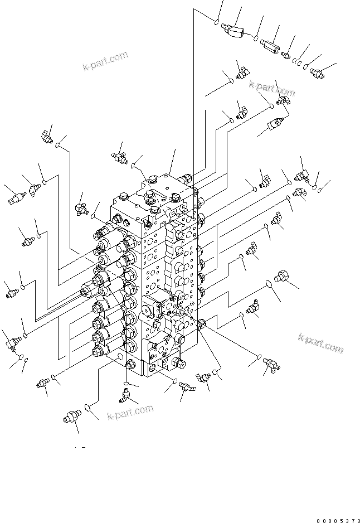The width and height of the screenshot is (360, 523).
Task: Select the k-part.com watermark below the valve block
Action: tap(129, 413)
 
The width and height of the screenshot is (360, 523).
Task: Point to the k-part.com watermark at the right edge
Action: tap(320, 343)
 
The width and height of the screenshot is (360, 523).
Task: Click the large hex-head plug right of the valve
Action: tap(281, 278)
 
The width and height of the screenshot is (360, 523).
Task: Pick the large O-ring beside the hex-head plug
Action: tap(269, 284)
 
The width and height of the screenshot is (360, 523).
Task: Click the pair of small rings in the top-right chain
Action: tap(300, 63)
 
